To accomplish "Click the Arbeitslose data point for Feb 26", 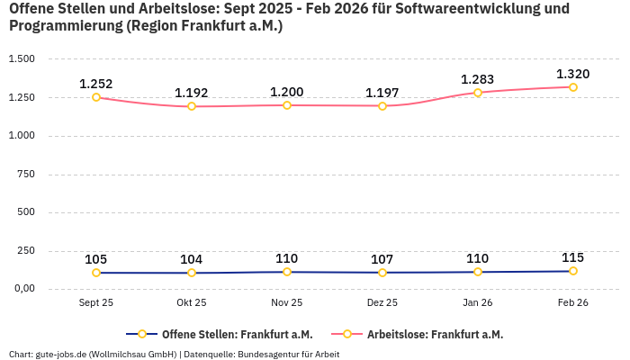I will pyautogui.click(x=573, y=87).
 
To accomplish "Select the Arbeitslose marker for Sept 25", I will pyautogui.click(x=96, y=97).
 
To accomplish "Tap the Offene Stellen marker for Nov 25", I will pyautogui.click(x=287, y=272).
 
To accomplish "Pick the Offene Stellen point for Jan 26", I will pyautogui.click(x=478, y=272).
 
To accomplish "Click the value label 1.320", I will pyautogui.click(x=573, y=74).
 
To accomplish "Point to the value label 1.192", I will pyautogui.click(x=192, y=93).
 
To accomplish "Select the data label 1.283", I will pyautogui.click(x=478, y=79).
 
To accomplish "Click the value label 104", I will pyautogui.click(x=192, y=259).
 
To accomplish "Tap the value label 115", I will pyautogui.click(x=573, y=257).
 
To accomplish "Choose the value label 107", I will pyautogui.click(x=382, y=259).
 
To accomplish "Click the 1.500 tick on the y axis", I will pyautogui.click(x=21, y=58).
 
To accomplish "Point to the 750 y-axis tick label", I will pyautogui.click(x=26, y=174).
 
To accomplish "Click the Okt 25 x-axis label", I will pyautogui.click(x=192, y=303).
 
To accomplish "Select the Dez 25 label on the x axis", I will pyautogui.click(x=382, y=303).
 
